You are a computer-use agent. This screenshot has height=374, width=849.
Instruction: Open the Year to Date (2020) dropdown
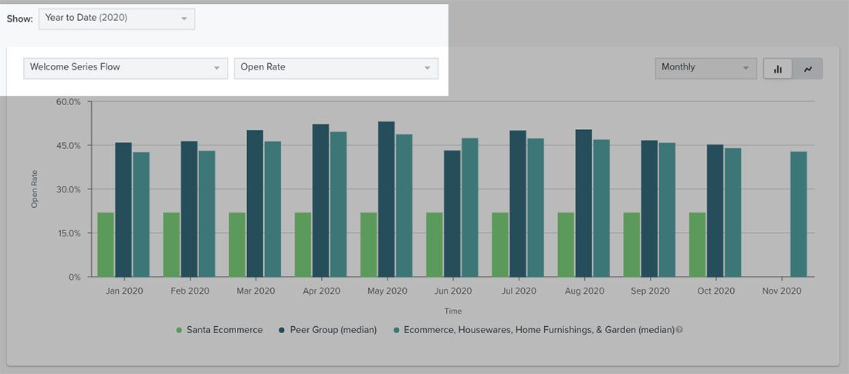point(116,19)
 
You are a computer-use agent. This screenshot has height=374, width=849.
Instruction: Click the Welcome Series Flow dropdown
point(126,67)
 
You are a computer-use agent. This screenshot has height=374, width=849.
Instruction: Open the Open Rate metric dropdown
point(336,67)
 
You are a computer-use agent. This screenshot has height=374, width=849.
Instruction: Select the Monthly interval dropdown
point(705,68)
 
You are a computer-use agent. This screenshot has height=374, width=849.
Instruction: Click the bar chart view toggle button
point(778,69)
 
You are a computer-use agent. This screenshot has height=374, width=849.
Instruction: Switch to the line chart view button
point(808,69)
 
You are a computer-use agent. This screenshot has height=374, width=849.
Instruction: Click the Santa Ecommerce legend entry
point(219,330)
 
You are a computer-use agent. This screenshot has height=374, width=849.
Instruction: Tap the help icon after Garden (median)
point(679,330)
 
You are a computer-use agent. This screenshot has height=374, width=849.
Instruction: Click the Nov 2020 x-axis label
point(782,291)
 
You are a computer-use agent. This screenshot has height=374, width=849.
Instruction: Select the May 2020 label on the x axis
point(387,291)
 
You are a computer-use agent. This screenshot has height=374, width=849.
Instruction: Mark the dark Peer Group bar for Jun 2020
point(452,213)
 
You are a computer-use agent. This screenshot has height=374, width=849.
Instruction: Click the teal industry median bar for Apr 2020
point(338,204)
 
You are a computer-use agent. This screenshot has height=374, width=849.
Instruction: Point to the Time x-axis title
point(453,311)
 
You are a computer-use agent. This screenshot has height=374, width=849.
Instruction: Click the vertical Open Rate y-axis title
point(34,189)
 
